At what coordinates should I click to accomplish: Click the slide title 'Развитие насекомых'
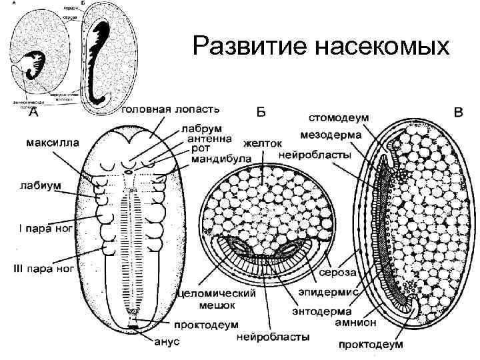(x=321, y=47)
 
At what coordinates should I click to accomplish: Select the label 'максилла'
(x=52, y=142)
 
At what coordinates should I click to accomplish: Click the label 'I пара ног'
(x=43, y=230)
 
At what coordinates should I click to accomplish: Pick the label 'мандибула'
(x=220, y=159)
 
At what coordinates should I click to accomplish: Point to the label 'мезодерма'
(x=330, y=134)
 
